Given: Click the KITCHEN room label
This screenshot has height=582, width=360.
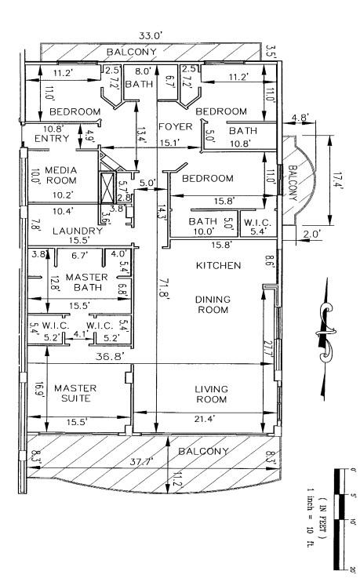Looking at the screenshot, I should pos(219,266).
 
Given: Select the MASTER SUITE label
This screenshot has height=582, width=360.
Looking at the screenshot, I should pos(75,393).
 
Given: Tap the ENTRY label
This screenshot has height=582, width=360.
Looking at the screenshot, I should pos(53,139).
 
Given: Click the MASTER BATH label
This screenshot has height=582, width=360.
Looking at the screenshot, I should pos(86,282).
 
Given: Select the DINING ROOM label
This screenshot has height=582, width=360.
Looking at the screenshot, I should pos(212,304).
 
